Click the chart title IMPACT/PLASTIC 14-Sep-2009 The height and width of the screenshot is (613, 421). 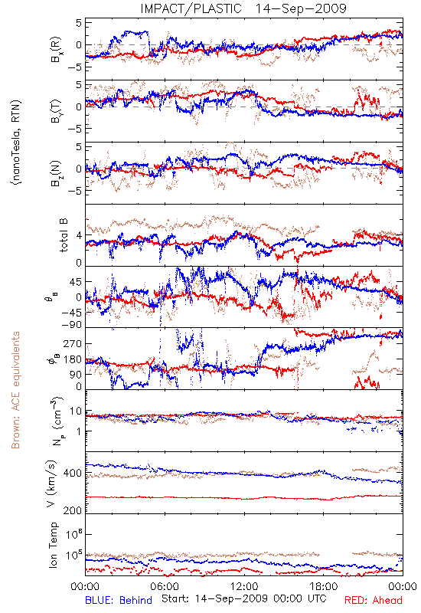coord(243,8)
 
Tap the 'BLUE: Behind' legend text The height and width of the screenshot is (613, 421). coord(119,600)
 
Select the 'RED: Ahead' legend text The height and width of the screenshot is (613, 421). coord(373,600)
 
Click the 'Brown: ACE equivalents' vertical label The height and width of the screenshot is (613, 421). coord(15,390)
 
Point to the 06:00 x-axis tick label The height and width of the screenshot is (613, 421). coord(165,587)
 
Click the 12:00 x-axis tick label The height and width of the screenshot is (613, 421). coord(244,587)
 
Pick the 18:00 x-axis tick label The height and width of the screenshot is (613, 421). coord(324,587)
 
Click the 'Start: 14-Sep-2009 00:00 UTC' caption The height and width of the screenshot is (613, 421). coord(243,598)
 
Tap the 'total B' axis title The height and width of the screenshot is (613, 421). coord(64,234)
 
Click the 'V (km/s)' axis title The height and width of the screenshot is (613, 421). coord(51,484)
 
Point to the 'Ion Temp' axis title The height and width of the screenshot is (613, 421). coord(53,545)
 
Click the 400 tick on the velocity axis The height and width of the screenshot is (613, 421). coord(73,473)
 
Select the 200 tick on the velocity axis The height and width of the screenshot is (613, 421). coord(73,510)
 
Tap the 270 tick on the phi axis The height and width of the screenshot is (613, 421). coord(73,343)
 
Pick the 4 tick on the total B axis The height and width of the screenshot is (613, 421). coord(80,235)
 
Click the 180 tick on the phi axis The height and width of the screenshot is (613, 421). coord(73,359)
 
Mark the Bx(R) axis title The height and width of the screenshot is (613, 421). coord(55,49)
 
